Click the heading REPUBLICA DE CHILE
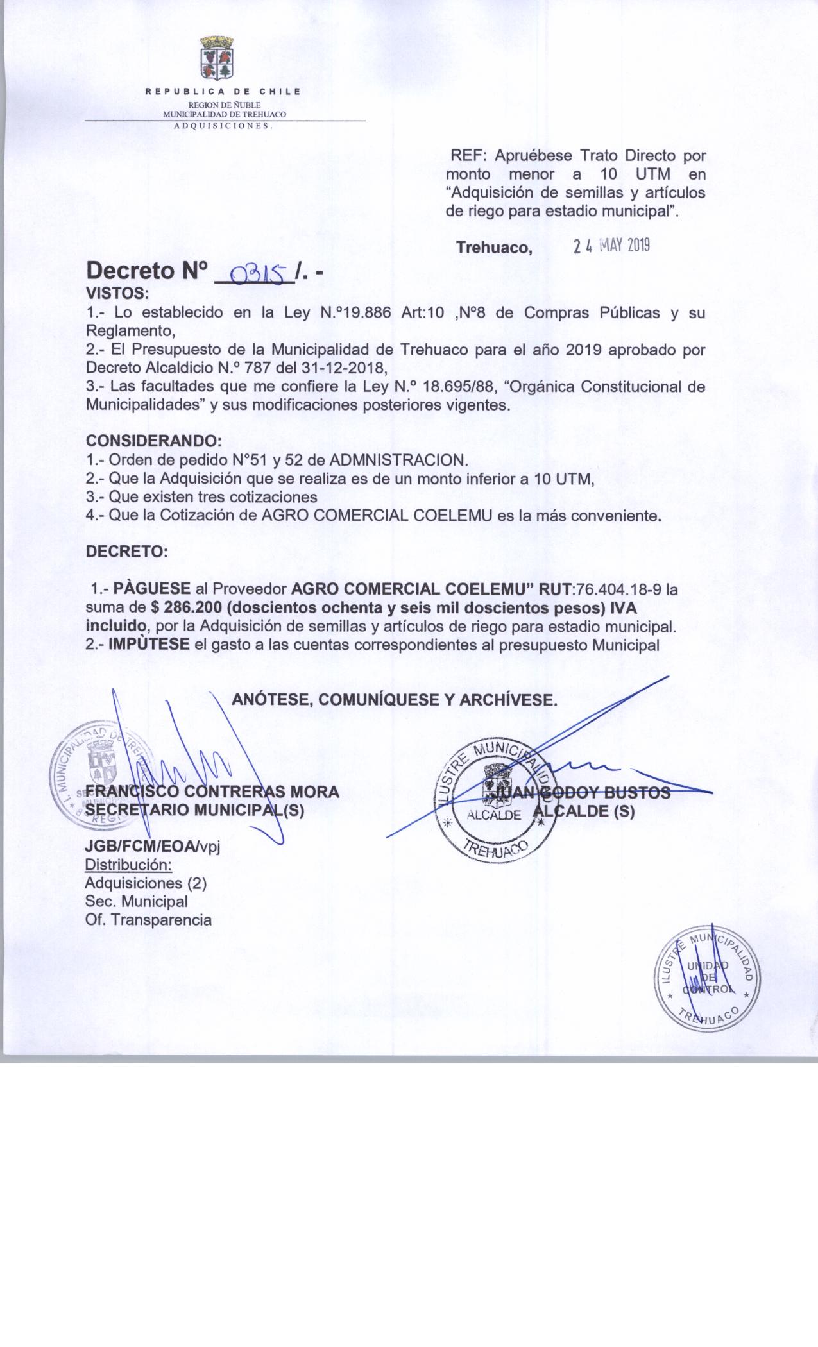223,91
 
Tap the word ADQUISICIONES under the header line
224,126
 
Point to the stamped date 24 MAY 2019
611,246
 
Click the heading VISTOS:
117,294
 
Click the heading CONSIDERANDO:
154,441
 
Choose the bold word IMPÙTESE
149,644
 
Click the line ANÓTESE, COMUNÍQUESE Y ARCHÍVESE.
394,699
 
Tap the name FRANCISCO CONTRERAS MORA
212,792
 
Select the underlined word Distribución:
128,865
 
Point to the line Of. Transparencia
148,920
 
